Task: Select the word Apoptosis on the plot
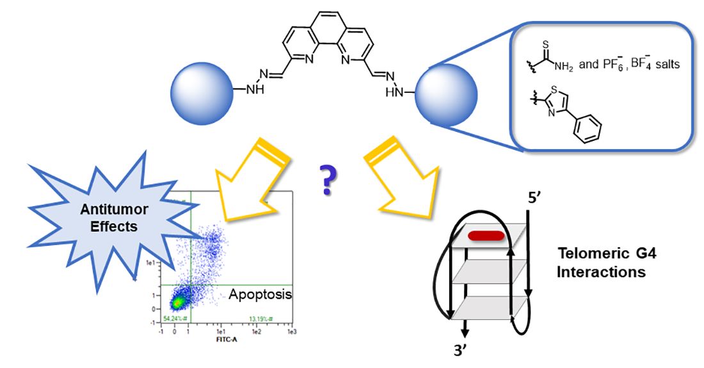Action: [x=260, y=295]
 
